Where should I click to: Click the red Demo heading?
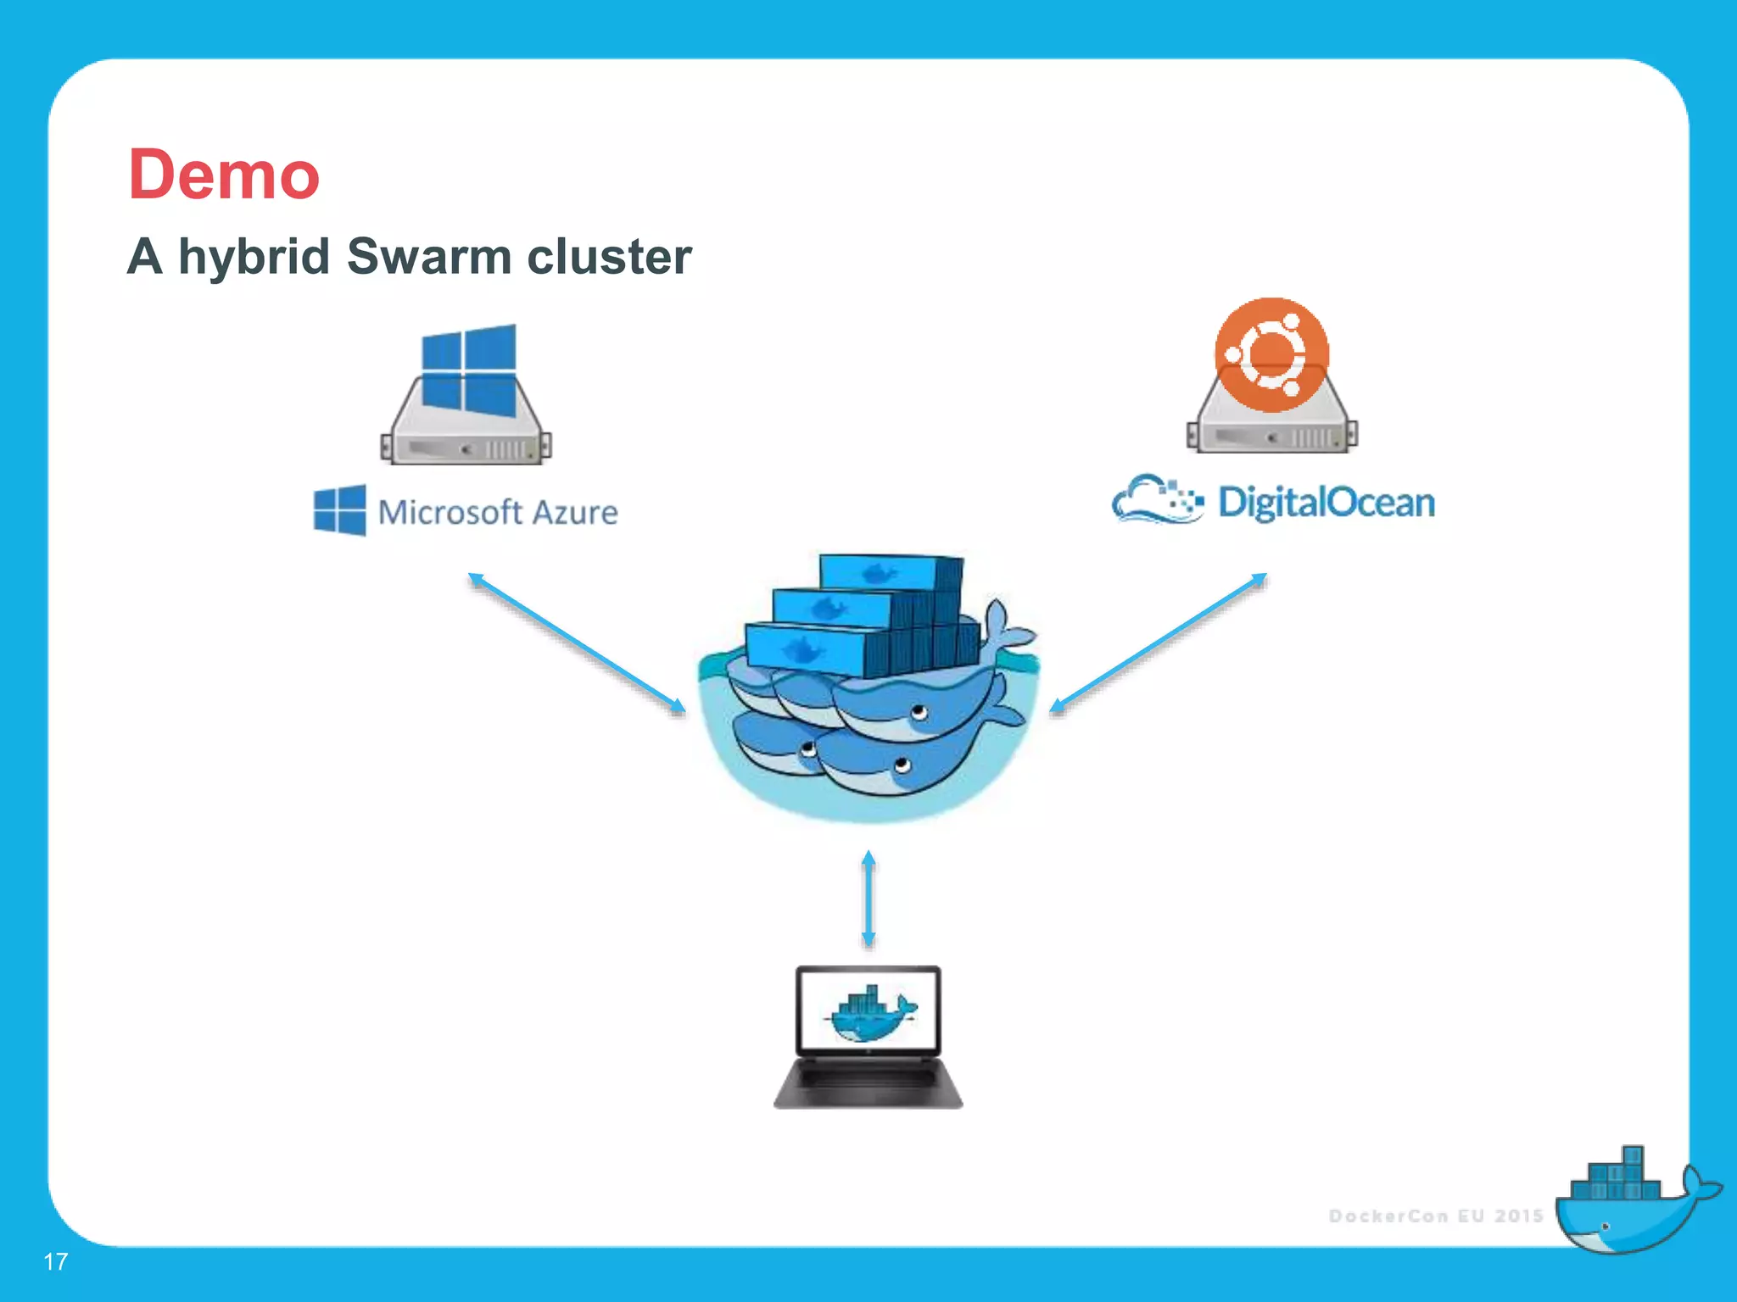(224, 175)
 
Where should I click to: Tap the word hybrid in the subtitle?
(253, 258)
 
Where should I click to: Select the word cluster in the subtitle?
(609, 256)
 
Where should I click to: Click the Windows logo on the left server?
(468, 370)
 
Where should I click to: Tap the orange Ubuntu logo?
(1271, 354)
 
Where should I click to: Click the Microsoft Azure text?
(498, 512)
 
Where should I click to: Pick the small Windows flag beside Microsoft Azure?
(340, 509)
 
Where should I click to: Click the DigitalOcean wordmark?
(1326, 502)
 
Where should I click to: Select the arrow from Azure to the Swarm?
(577, 643)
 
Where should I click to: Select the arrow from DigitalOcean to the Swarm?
(1159, 643)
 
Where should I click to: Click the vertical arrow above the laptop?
(868, 899)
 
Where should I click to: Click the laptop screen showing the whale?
(868, 1010)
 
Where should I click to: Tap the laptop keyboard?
(868, 1080)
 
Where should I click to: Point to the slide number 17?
(55, 1261)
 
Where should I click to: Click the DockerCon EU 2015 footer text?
(1435, 1216)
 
